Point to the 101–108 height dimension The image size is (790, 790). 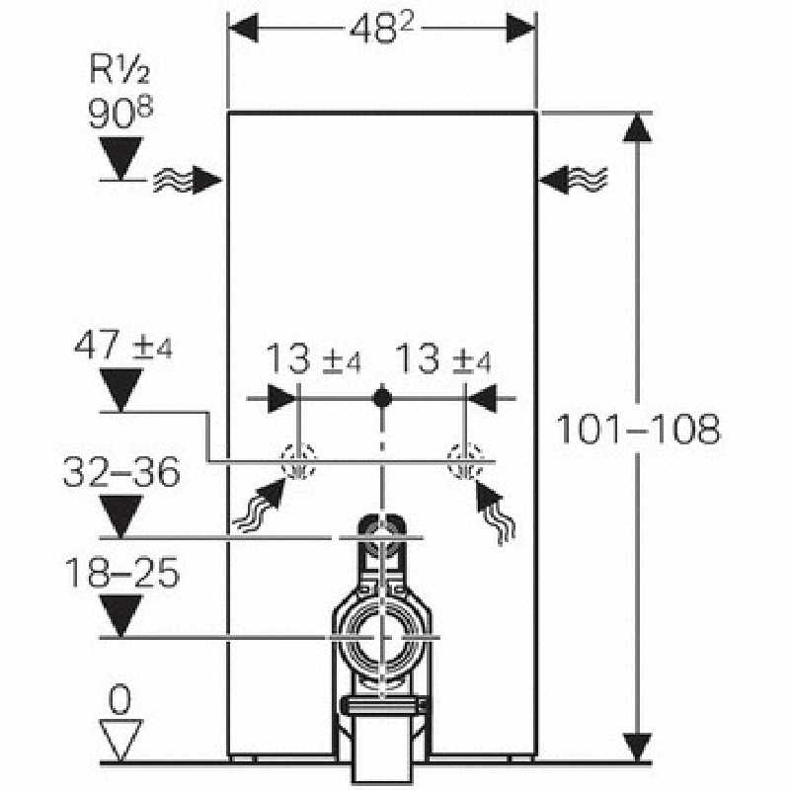click(x=638, y=430)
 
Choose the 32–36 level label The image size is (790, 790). click(x=120, y=474)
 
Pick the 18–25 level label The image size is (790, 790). click(x=120, y=573)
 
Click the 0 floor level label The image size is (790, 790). click(x=120, y=699)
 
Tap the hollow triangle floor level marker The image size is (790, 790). click(x=120, y=740)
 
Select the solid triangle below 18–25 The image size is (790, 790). click(x=120, y=616)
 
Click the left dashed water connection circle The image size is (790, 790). click(x=296, y=460)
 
